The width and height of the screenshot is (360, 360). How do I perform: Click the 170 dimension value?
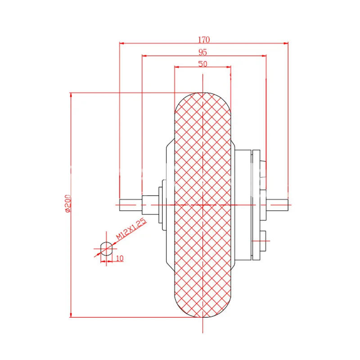(x=203, y=39)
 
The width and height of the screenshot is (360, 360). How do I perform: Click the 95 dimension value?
(x=202, y=51)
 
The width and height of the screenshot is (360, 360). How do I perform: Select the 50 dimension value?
(x=202, y=63)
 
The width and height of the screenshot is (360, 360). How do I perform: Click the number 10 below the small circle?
(x=120, y=258)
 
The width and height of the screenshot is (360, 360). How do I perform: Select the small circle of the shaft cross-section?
(x=106, y=248)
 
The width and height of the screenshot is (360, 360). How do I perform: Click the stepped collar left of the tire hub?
(x=161, y=205)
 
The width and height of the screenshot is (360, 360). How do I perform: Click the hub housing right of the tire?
(x=243, y=205)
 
